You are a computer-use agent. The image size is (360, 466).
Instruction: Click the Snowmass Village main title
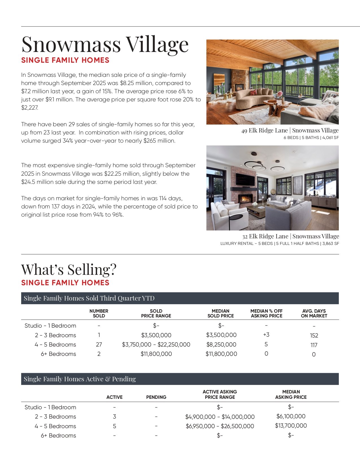pos(105,44)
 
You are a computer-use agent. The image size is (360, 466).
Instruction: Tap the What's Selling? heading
pos(69,269)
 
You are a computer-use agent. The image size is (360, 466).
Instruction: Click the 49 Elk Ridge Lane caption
pos(290,130)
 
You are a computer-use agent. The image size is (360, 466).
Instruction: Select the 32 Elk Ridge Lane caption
pos(291,236)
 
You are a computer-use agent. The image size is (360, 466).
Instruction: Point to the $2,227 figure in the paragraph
pos(29,108)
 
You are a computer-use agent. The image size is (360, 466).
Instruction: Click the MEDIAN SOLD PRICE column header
pos(221,313)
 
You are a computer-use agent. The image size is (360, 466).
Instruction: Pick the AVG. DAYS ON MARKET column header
pos(314,313)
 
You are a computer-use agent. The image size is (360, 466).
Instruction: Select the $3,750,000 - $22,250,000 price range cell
pos(156,345)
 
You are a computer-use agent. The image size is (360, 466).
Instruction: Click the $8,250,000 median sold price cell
pos(221,345)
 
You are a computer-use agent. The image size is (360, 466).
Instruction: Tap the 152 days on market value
pos(314,336)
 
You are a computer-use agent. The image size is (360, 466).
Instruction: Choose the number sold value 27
pos(99,345)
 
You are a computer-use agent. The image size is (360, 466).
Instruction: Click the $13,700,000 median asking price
pos(291,426)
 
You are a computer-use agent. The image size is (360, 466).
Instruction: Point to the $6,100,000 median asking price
pos(291,416)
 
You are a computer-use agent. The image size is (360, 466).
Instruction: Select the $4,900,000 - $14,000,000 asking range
pos(220,417)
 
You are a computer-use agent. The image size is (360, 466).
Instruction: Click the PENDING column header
pos(156,397)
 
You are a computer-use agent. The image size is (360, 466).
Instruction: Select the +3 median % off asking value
pos(266,335)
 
